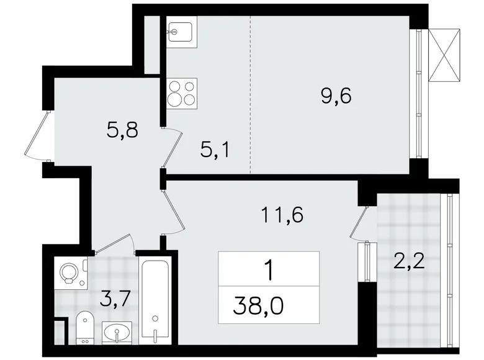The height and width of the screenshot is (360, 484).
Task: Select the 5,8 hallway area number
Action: (x=120, y=131)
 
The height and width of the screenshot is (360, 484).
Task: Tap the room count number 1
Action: (x=269, y=271)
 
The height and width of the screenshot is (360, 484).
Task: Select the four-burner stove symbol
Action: (x=182, y=94)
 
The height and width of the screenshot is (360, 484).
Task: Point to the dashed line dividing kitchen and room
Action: (x=251, y=93)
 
